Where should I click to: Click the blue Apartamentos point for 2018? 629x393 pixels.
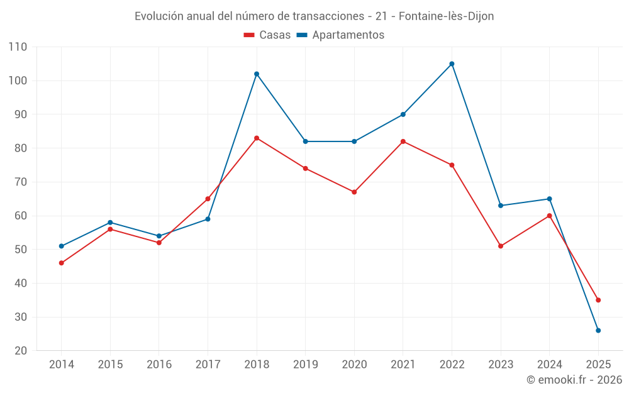257,74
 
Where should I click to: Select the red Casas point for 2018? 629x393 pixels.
257,138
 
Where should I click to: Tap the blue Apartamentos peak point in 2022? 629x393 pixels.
452,64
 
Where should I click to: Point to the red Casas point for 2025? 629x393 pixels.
598,300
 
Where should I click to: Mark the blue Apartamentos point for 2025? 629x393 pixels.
598,331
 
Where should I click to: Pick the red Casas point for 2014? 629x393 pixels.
61,263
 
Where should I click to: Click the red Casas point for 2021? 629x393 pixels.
403,141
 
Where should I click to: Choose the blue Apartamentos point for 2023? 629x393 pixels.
501,206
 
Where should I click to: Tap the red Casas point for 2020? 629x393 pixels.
354,192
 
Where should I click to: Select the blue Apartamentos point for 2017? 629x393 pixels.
208,219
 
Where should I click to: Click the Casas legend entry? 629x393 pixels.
267,35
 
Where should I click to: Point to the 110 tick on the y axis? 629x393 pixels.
18,47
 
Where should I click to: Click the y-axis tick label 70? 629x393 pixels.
21,182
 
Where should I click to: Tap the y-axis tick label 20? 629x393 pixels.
21,351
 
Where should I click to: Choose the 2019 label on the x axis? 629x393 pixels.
305,365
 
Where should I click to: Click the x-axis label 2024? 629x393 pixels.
549,365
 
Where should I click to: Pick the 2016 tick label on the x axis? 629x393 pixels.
159,365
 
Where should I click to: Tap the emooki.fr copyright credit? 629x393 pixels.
574,380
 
